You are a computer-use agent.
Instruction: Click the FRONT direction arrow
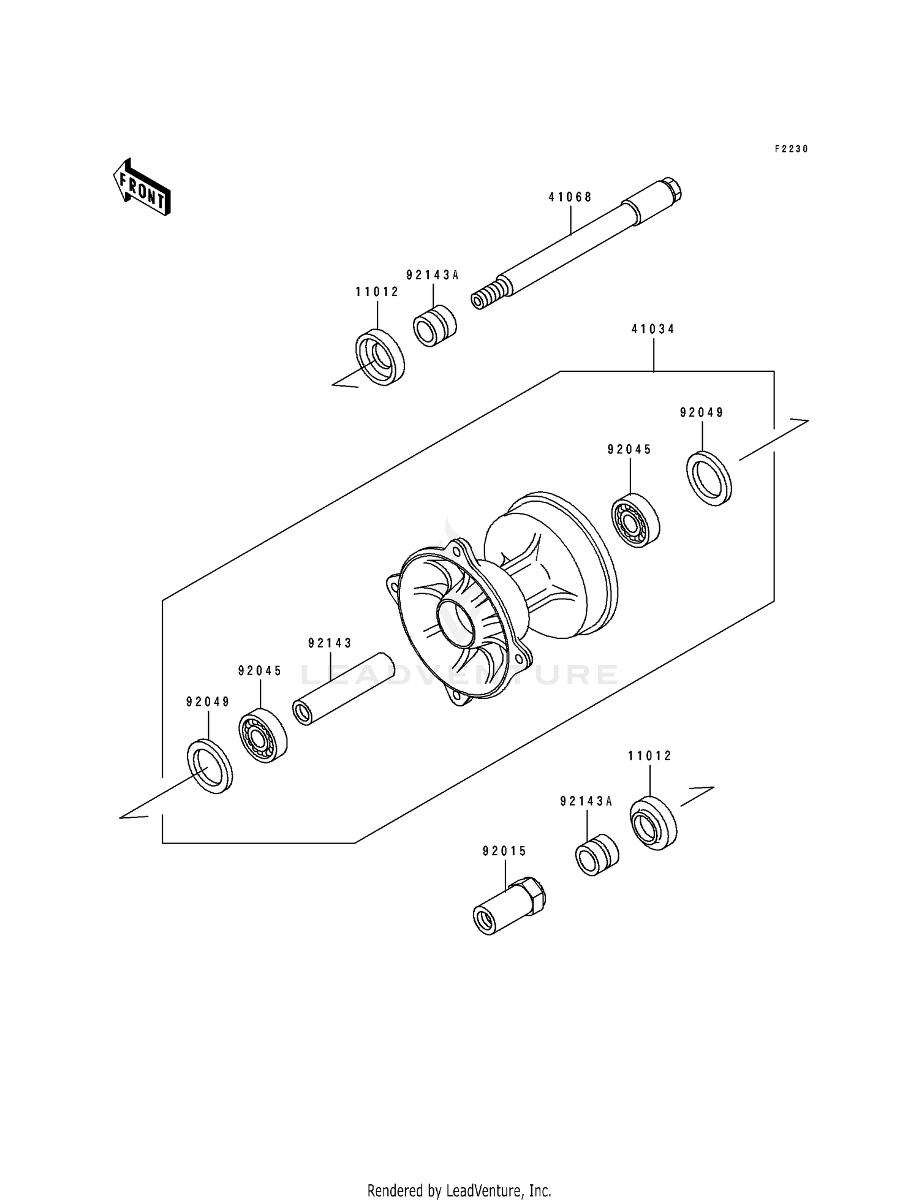pos(142,187)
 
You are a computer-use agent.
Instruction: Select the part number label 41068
pos(570,197)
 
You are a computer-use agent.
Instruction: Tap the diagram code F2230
pos(791,149)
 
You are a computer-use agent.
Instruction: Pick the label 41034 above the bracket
pos(653,330)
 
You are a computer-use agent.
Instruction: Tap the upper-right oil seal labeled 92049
pos(709,478)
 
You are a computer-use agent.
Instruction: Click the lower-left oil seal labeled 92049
pos(210,767)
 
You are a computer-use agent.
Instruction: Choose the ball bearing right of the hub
pos(636,520)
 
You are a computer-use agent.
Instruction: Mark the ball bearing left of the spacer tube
pos(262,735)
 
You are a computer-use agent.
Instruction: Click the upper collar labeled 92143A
pos(434,325)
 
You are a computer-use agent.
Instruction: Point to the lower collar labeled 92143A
pos(596,855)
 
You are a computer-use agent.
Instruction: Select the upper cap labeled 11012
pos(380,357)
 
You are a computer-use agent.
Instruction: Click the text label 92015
pos(504,852)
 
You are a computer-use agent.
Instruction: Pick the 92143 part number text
pos(330,643)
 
